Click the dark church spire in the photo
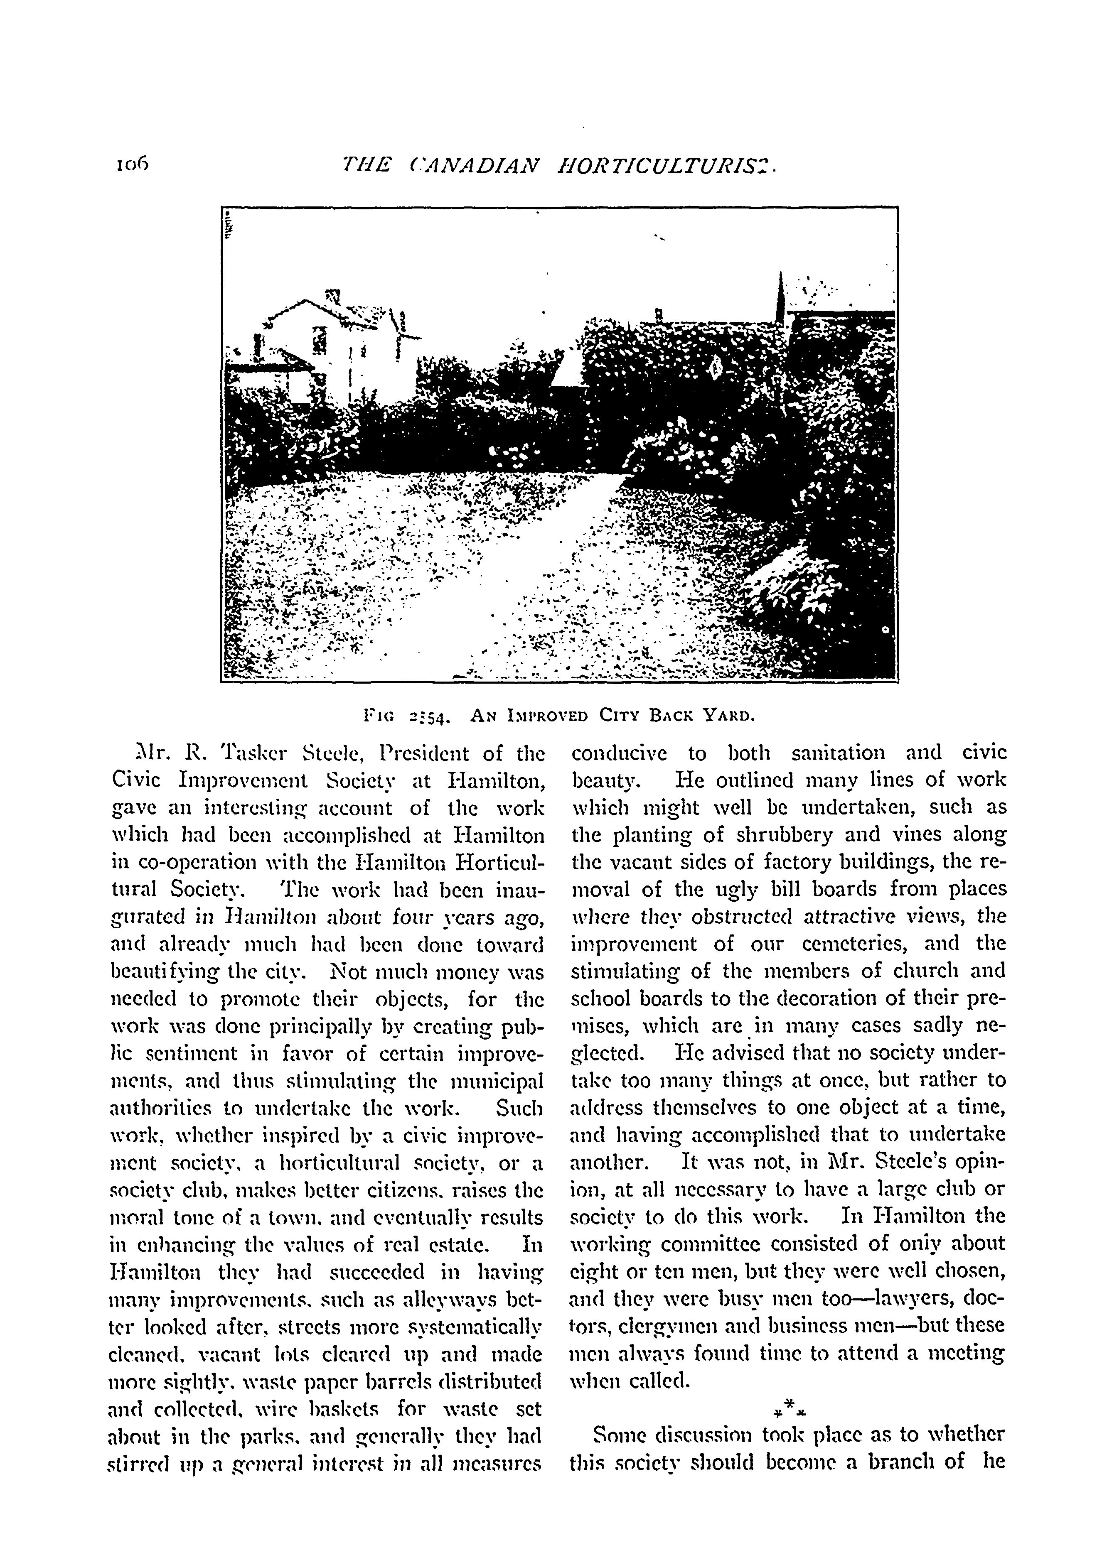pyautogui.click(x=781, y=299)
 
